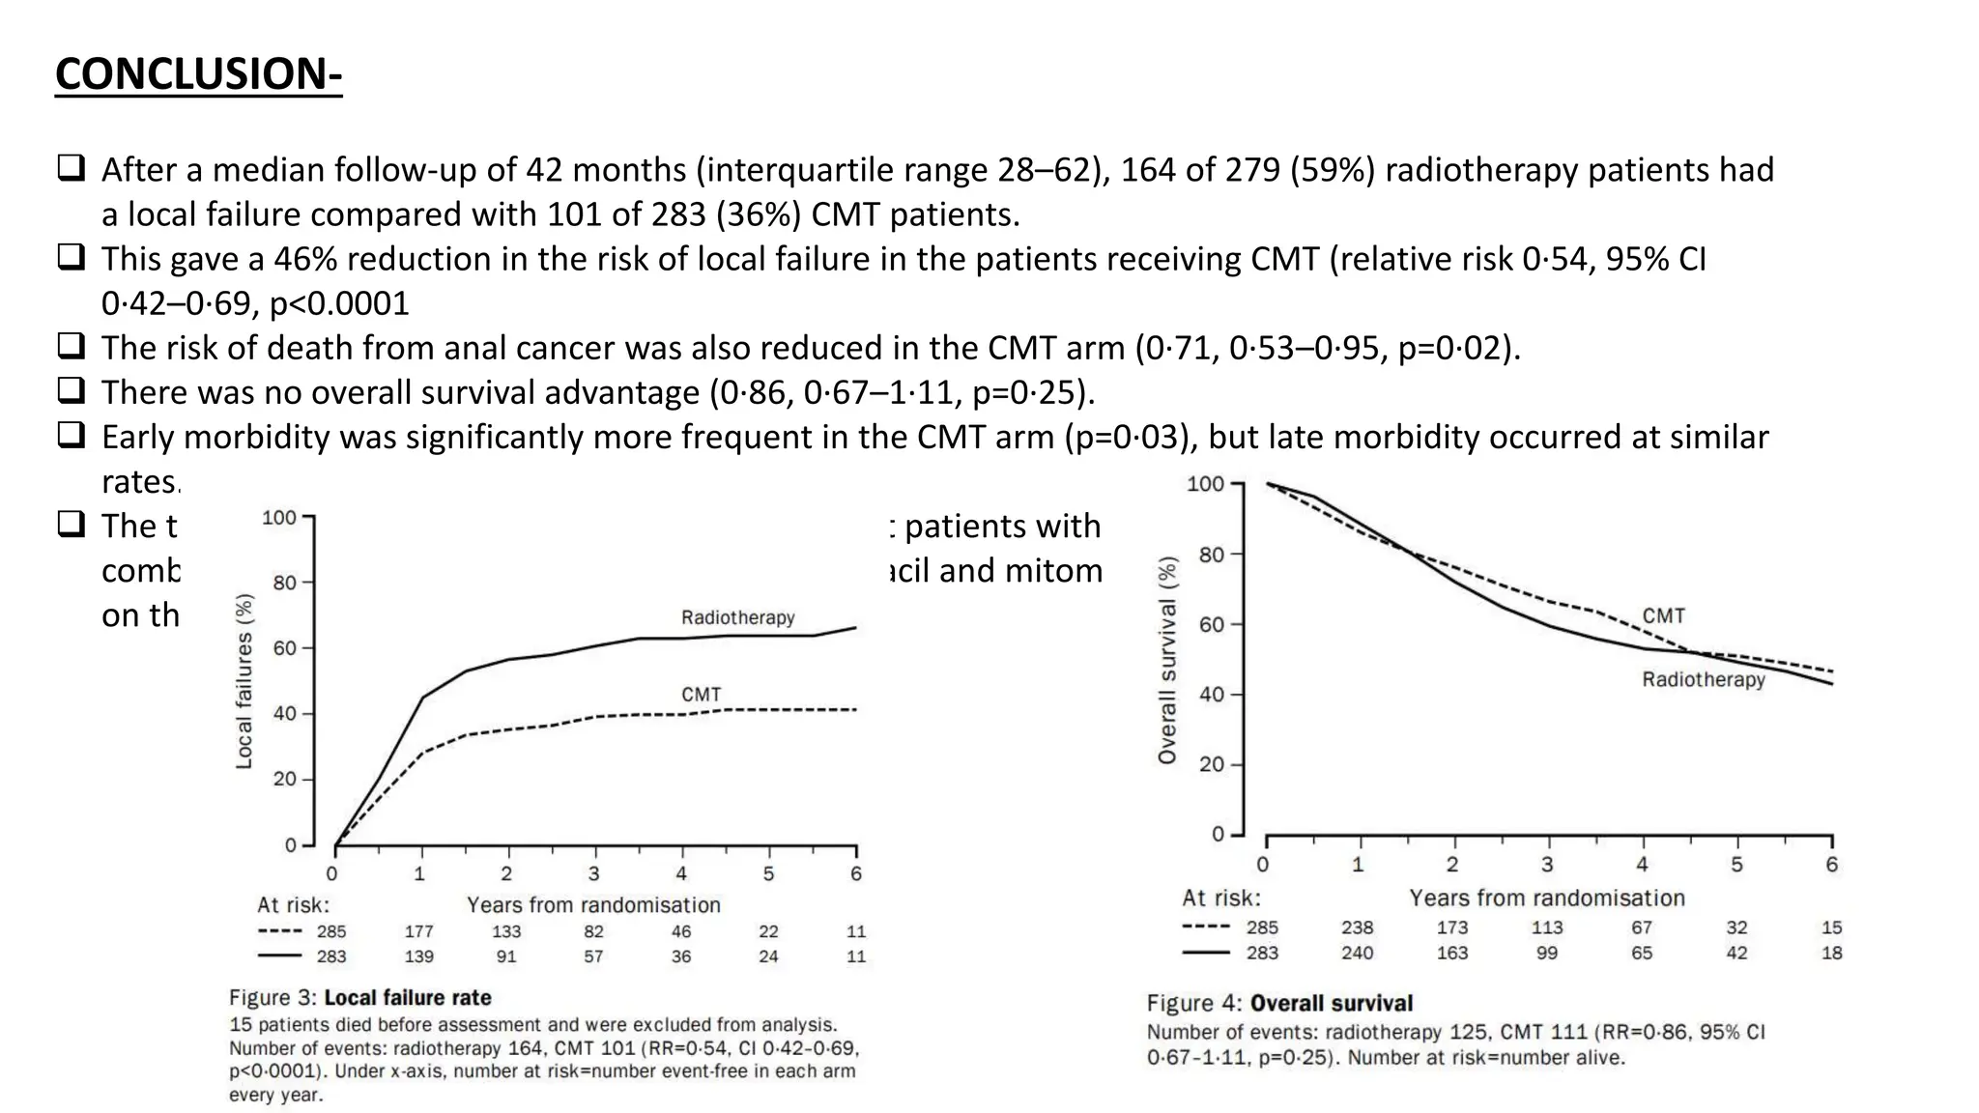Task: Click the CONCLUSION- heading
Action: click(198, 74)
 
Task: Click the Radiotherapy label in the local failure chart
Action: click(737, 617)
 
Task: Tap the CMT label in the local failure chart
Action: click(701, 695)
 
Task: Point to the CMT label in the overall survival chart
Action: click(1663, 615)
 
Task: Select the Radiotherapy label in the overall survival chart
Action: click(1703, 680)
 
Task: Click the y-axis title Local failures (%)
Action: click(244, 681)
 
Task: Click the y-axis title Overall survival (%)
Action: click(1167, 661)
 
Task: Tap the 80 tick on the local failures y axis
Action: click(284, 583)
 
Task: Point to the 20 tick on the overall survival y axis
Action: click(1211, 764)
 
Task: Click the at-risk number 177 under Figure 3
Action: click(418, 931)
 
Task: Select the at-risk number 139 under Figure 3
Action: click(418, 956)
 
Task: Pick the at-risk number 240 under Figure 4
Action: click(1357, 953)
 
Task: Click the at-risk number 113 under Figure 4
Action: click(1546, 927)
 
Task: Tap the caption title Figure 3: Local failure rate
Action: click(359, 998)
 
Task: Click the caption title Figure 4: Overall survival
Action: click(1279, 1004)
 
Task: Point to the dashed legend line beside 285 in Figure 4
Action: click(1205, 927)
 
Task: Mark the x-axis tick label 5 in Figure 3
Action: click(768, 874)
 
